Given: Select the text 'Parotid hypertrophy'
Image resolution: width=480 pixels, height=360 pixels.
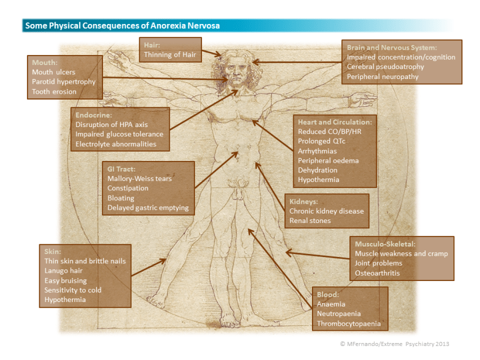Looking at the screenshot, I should [63, 81].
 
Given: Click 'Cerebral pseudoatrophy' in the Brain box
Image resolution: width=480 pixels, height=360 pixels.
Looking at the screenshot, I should [385, 67].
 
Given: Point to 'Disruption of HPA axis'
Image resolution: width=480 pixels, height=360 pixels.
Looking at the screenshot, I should [112, 125].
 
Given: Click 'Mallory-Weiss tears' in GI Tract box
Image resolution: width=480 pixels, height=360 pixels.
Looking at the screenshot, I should [139, 179].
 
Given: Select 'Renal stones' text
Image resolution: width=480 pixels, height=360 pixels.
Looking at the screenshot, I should [310, 221].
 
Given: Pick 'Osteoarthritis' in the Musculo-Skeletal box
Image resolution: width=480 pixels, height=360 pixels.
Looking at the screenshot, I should [379, 273].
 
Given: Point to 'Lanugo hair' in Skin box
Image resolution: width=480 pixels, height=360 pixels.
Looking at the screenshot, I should [63, 270].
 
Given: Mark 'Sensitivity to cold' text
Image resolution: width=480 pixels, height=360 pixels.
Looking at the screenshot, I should [73, 290].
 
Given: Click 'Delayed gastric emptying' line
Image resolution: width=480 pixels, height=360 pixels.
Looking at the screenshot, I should [148, 208].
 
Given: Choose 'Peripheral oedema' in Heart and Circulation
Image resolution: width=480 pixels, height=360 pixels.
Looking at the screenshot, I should [328, 160].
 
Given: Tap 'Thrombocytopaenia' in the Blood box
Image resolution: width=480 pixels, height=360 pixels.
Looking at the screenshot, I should [348, 324].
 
